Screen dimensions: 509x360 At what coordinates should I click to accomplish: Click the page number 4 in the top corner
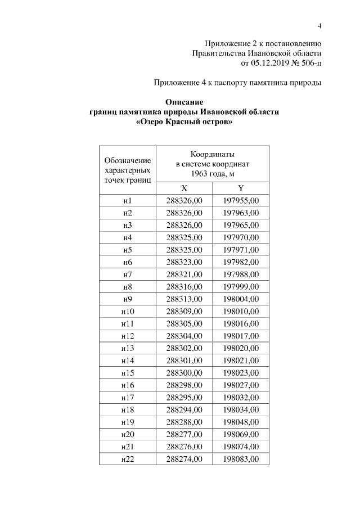point(319,26)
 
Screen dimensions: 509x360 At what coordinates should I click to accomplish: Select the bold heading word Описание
point(184,102)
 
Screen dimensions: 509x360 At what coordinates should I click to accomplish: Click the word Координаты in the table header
point(212,154)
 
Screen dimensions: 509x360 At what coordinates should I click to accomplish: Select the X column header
point(184,188)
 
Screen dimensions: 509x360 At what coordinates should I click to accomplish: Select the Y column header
point(240,188)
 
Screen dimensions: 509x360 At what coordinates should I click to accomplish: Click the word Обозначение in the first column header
point(128,160)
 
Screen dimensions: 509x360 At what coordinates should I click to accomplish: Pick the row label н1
point(127,201)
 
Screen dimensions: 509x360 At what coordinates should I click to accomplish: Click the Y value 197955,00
point(240,201)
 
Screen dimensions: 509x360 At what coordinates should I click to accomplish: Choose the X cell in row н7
point(184,274)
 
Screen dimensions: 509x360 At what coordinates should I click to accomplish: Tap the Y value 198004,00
point(240,299)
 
